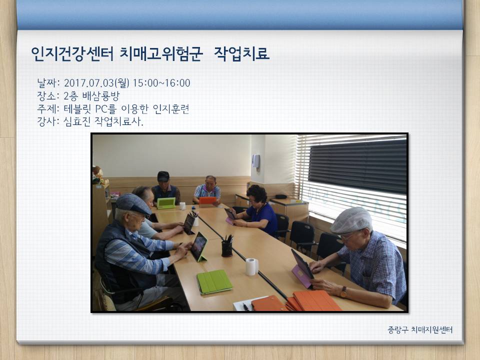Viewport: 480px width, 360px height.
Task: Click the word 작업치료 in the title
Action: pos(241,54)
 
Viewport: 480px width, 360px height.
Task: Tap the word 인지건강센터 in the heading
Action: pos(72,54)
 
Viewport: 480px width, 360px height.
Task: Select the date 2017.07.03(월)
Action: pos(96,83)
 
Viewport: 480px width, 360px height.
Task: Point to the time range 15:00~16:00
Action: pos(161,83)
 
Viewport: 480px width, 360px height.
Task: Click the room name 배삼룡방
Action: pos(100,96)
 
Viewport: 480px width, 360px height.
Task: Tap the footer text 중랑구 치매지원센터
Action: pos(420,329)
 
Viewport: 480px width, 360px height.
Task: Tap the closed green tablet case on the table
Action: pos(214,281)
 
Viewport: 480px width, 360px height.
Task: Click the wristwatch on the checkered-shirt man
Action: pos(343,292)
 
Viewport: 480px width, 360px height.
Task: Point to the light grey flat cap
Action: pos(351,220)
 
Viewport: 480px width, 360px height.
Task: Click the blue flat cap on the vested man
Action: pos(133,203)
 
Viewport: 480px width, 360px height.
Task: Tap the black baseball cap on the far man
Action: pos(163,176)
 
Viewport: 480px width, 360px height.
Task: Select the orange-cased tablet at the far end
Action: pos(207,200)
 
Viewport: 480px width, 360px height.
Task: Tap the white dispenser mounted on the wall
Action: pos(256,161)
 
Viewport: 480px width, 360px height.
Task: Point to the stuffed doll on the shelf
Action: pos(98,175)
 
